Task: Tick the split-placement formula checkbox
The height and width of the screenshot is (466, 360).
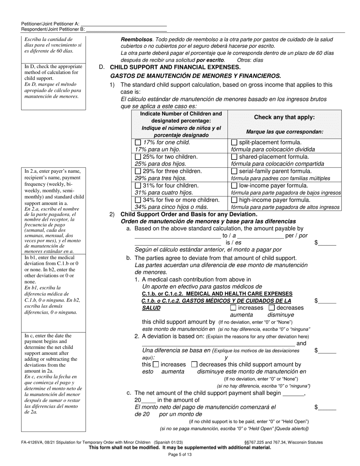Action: (x=234, y=143)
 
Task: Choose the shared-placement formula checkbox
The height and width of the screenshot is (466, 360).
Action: (x=234, y=157)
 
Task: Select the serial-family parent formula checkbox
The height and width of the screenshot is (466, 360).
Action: (x=234, y=171)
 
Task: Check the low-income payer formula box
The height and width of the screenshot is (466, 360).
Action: (x=234, y=186)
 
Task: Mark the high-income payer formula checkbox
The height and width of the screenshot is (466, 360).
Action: (x=234, y=200)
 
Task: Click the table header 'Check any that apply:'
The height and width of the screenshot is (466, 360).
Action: (x=284, y=117)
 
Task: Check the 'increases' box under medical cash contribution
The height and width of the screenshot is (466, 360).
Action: (x=233, y=308)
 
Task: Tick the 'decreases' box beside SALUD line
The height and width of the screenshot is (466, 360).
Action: (x=272, y=308)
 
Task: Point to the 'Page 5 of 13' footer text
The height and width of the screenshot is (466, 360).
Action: (x=180, y=454)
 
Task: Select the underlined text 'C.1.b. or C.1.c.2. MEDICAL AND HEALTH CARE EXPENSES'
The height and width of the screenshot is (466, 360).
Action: (x=217, y=294)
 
